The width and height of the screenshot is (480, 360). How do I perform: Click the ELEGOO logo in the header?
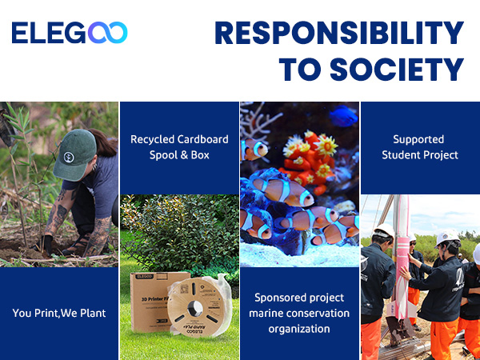coord(70,33)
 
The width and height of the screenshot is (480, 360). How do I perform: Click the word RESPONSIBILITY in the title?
coord(339,33)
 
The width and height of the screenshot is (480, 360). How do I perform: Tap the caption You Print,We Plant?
coord(58,312)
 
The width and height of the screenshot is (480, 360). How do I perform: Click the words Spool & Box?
coord(179,154)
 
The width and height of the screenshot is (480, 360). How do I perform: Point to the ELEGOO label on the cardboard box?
coord(144,278)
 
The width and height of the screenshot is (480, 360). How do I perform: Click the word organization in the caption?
coord(300,328)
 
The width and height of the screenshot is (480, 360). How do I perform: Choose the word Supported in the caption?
coord(419,139)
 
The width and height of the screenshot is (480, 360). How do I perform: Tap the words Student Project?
coord(419,154)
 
